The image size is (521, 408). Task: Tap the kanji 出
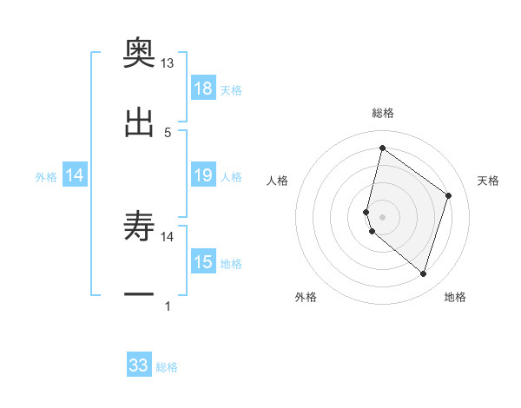139,124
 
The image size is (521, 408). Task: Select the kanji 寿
139,228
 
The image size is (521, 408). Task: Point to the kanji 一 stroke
139,295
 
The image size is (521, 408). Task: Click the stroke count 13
168,63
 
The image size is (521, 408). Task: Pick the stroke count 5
168,132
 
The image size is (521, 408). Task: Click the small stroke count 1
168,306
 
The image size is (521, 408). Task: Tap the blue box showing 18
203,89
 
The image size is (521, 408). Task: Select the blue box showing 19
203,175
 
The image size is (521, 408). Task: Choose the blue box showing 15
203,262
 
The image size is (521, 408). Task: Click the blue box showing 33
139,365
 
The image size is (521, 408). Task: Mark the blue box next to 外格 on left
75,175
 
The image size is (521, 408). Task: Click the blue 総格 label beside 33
168,367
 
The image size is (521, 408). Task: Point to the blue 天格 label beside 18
231,89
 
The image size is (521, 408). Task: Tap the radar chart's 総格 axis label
383,113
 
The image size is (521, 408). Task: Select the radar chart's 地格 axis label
455,297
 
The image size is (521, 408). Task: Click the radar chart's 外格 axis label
306,297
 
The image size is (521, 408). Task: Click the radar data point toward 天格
449,195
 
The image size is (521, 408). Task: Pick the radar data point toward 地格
423,274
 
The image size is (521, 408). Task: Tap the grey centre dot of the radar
383,216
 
